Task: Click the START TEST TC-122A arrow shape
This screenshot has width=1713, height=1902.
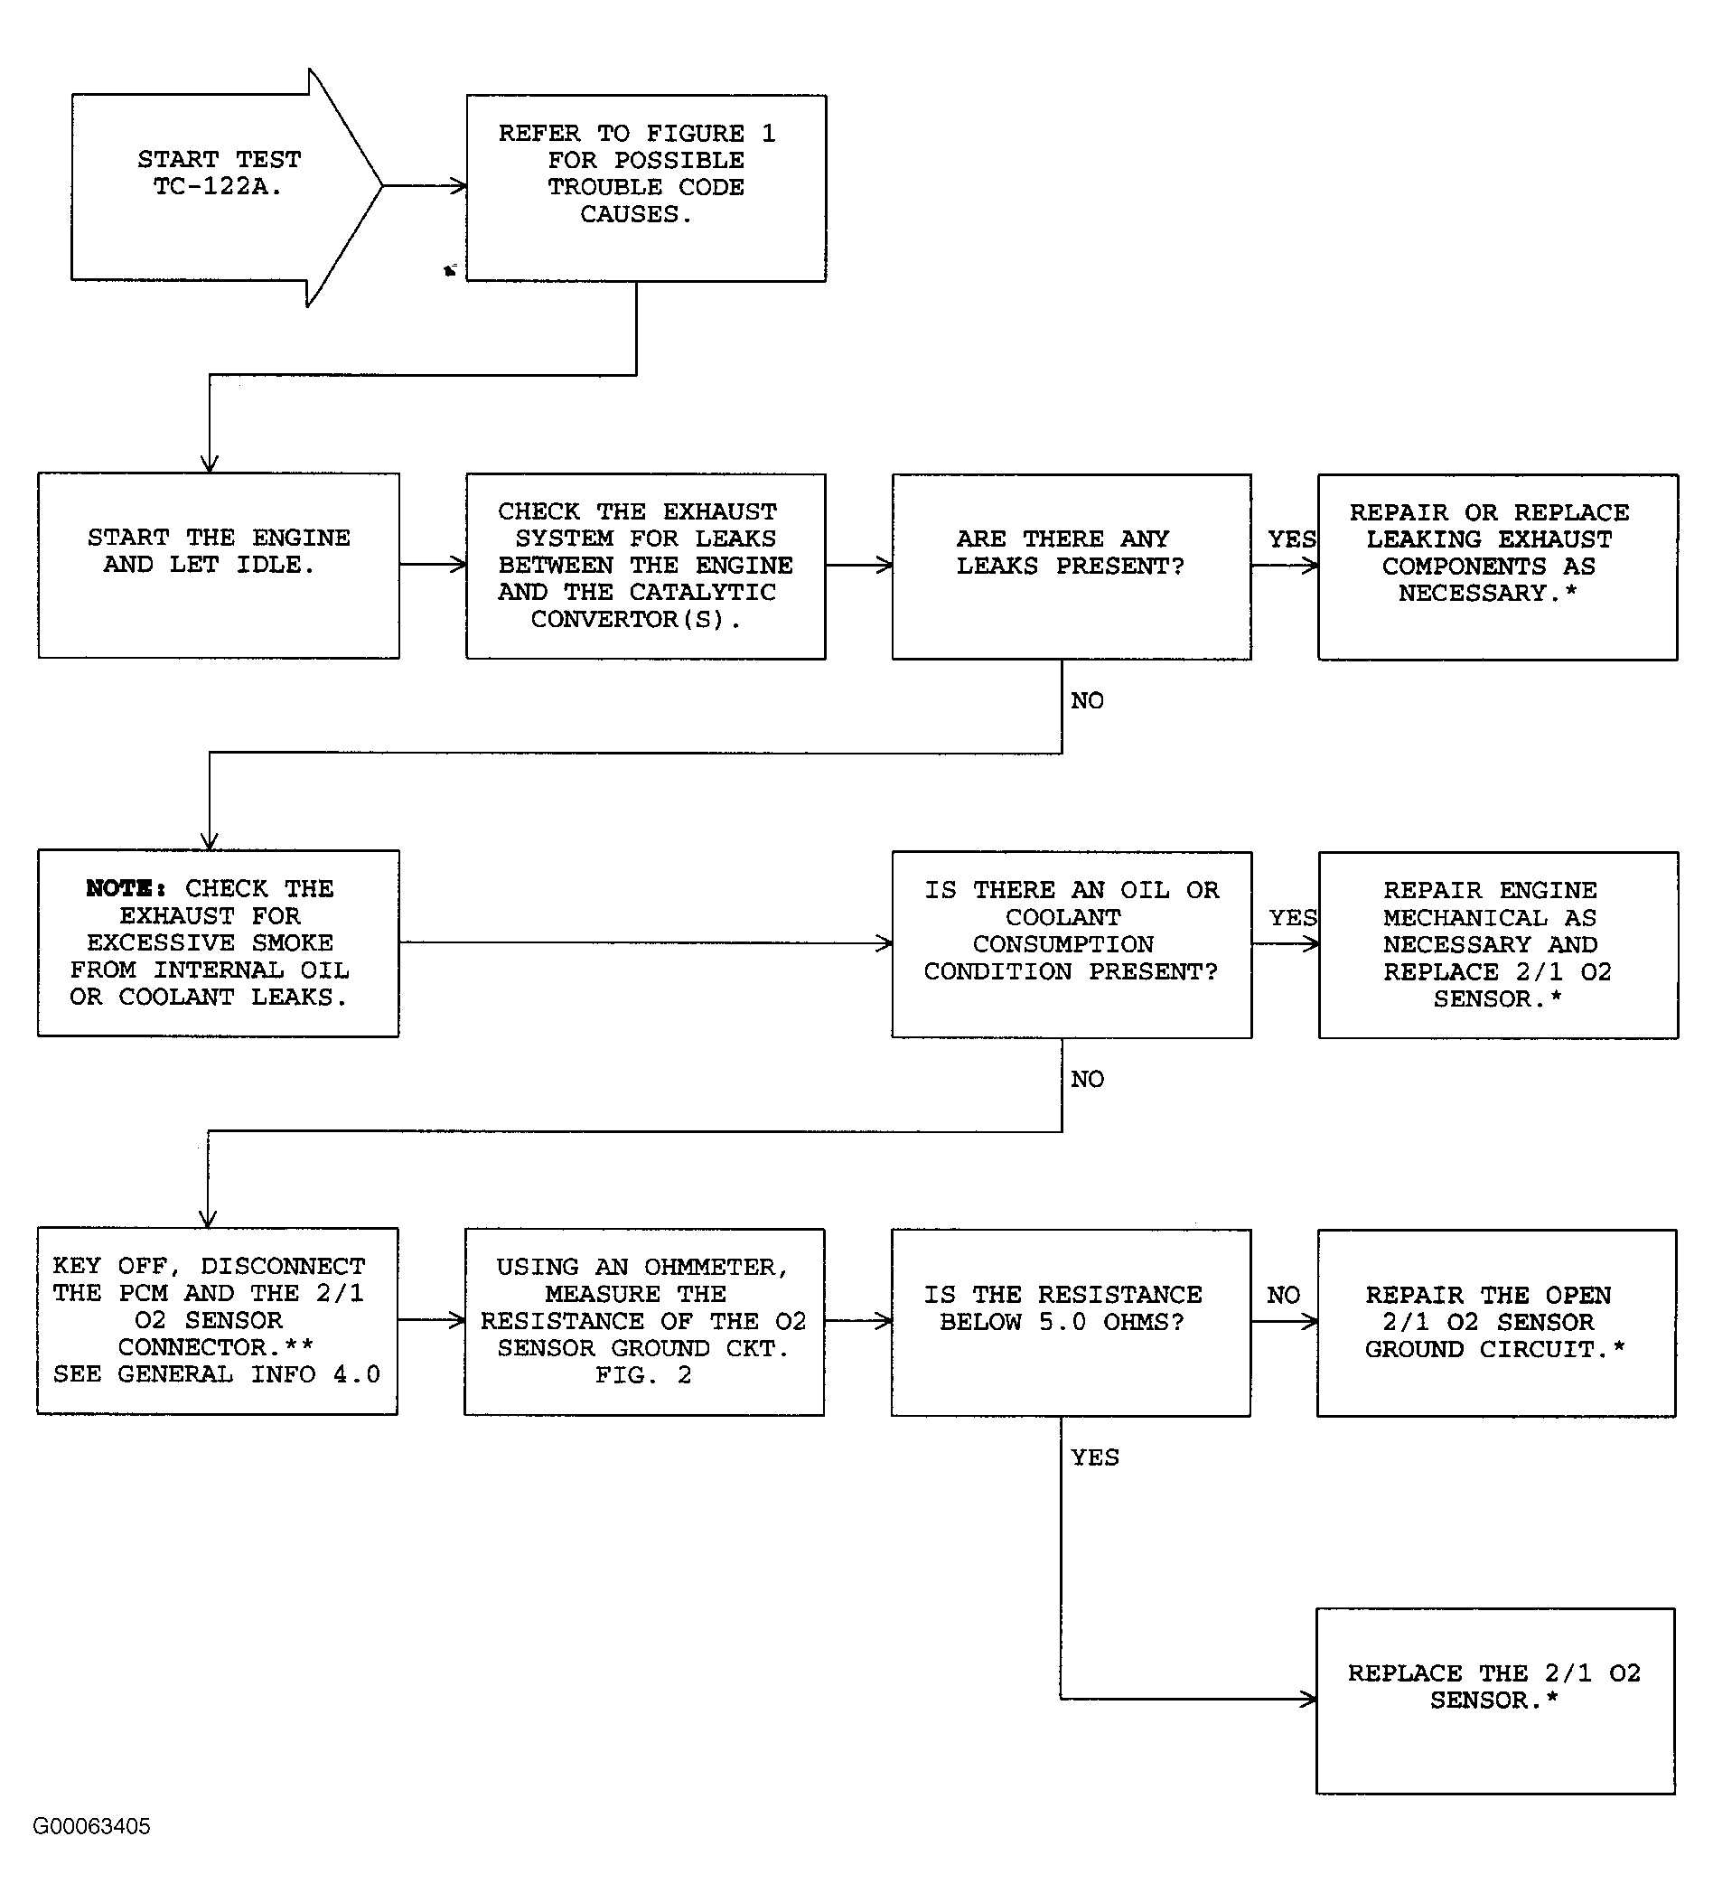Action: click(219, 186)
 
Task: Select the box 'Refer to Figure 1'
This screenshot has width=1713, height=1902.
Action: click(646, 187)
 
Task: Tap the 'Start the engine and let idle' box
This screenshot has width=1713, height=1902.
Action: click(219, 565)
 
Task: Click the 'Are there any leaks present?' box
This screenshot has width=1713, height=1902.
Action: click(1072, 566)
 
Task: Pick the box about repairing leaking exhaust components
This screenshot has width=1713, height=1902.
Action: click(1497, 566)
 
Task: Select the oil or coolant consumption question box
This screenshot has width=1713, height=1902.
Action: click(1072, 944)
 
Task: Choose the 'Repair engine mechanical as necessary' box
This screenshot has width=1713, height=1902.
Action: click(1497, 944)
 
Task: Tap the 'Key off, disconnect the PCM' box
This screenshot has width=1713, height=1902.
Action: click(218, 1320)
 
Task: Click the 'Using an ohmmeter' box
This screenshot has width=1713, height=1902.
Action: click(644, 1321)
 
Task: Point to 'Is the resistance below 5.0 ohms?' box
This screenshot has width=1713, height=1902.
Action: click(1070, 1321)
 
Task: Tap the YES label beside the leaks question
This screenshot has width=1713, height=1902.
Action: click(1291, 539)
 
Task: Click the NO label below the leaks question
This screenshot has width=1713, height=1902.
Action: click(1087, 700)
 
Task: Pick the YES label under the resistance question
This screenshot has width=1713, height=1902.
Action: click(1095, 1457)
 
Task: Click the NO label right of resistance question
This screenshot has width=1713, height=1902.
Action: click(1283, 1295)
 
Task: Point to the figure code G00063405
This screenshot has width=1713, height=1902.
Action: click(91, 1826)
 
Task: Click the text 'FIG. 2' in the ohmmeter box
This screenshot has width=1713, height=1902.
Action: click(643, 1375)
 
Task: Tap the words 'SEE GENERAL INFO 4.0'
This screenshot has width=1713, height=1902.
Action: click(217, 1374)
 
